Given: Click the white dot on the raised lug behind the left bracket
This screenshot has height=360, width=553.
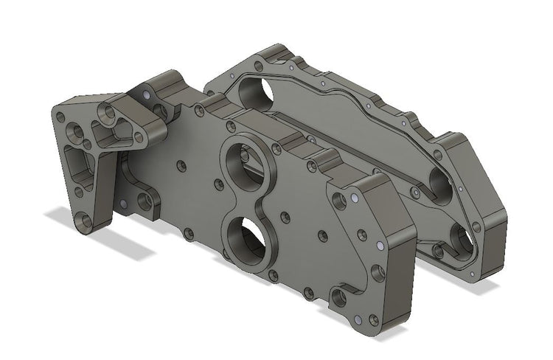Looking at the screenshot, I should click(148, 95).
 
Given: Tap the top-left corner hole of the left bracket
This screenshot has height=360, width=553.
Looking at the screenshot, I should click(61, 115).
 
